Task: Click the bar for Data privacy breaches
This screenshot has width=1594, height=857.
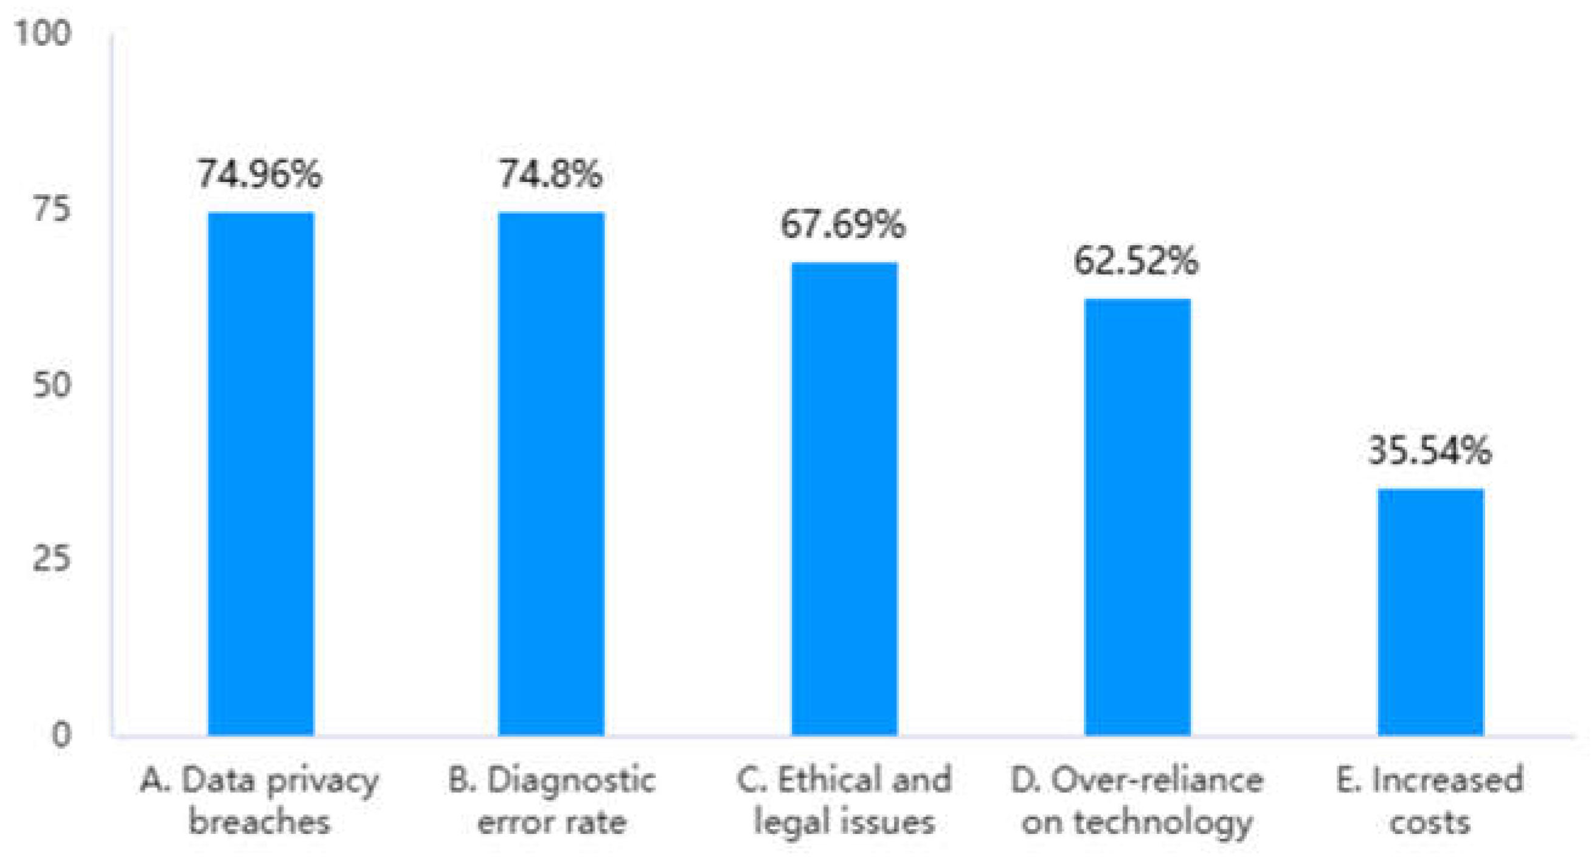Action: (x=260, y=474)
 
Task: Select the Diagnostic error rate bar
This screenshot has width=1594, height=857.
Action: (x=552, y=474)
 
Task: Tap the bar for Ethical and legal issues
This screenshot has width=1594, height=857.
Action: (x=845, y=499)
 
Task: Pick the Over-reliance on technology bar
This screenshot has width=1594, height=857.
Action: (x=1137, y=517)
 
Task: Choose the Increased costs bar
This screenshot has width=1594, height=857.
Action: (x=1430, y=612)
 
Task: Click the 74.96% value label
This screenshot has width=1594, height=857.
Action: (x=260, y=174)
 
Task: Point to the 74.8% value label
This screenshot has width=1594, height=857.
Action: (x=551, y=174)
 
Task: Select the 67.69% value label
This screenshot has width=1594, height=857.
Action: (x=844, y=224)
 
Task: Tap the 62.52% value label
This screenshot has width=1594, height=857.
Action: (x=1136, y=261)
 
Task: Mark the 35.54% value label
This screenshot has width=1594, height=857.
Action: (x=1429, y=450)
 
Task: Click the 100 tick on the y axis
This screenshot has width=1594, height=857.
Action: (x=43, y=32)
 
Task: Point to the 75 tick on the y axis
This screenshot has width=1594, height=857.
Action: (x=52, y=209)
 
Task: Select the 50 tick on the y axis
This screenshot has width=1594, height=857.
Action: (x=52, y=385)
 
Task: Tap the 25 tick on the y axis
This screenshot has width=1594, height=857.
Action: (x=52, y=559)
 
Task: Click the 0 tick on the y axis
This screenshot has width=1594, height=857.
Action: (x=61, y=735)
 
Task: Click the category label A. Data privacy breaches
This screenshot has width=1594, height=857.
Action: (x=260, y=800)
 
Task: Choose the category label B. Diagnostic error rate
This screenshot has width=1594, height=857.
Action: (x=552, y=800)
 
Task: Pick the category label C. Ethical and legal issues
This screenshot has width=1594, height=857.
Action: (x=844, y=800)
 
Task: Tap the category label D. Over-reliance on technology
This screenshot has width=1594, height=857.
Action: (x=1137, y=800)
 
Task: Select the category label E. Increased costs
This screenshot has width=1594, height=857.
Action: (x=1430, y=800)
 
